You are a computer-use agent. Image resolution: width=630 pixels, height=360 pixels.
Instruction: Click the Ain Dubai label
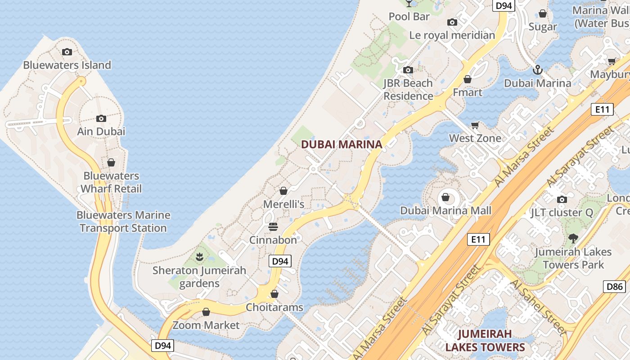coord(101,131)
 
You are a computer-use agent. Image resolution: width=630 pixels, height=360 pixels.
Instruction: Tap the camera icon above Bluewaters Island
coord(67,52)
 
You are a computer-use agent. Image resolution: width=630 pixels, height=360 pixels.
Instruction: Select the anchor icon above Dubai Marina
coord(537,70)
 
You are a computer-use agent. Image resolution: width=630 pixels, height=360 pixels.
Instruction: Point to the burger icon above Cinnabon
coord(273,226)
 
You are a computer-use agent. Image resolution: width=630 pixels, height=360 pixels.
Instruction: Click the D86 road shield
coord(614,287)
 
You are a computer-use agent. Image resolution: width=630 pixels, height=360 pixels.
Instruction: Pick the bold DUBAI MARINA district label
coord(342,144)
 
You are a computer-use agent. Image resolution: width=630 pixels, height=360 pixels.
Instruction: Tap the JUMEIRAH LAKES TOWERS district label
coord(485,341)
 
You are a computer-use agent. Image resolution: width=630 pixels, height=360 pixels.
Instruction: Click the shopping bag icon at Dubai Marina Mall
coord(445,197)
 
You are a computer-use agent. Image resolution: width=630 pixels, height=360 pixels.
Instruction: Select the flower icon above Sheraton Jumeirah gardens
coord(199,257)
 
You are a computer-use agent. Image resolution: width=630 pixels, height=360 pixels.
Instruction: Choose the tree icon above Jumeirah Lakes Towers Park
coord(573,238)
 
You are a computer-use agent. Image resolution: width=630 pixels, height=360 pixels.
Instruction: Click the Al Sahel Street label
coord(537,307)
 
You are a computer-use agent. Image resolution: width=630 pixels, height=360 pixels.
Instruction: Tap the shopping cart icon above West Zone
coord(475,125)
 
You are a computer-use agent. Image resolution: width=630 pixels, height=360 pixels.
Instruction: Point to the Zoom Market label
coord(206,325)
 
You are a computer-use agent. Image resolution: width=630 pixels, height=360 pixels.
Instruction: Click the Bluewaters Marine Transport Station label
coord(123,222)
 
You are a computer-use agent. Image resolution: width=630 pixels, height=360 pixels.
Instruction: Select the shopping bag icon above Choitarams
coord(274,294)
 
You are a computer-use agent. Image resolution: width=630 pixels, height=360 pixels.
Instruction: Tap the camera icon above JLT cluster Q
coord(562,199)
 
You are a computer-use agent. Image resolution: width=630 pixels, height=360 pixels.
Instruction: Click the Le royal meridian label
coord(452,35)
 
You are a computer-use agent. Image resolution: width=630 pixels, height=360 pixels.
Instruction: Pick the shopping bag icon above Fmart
coord(468,79)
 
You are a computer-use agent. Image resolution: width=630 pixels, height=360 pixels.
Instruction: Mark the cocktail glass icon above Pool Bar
coord(409,3)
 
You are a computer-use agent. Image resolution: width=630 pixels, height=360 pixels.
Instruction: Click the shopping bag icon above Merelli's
coord(283,191)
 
